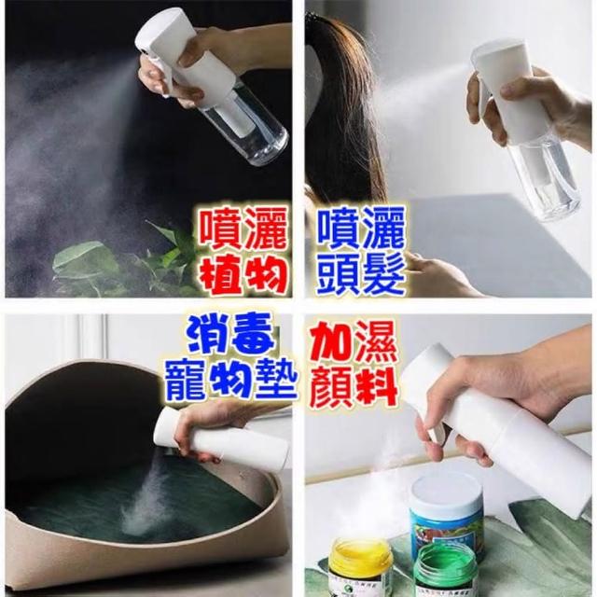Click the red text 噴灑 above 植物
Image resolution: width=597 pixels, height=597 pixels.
coord(243,228)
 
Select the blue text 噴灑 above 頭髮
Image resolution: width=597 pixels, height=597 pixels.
coord(361,228)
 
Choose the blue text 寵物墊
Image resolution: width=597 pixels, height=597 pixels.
coord(230,380)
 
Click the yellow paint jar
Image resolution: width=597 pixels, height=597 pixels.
coord(360,568)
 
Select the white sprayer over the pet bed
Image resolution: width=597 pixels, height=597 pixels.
coord(221,437)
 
